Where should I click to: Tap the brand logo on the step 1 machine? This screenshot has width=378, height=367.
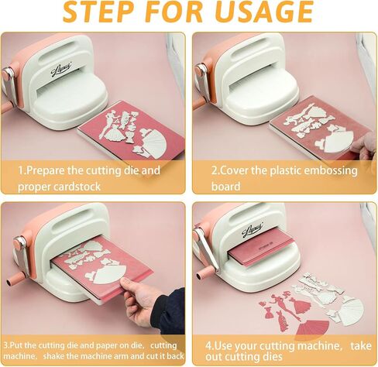click(61, 70)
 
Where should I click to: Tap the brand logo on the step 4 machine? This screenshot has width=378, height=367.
click(252, 228)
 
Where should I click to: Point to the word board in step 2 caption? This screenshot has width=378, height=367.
click(225, 186)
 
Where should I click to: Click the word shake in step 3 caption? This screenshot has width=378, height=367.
click(54, 356)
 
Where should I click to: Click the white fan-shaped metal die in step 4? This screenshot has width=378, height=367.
click(351, 310)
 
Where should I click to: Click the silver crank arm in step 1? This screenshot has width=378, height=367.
click(9, 84)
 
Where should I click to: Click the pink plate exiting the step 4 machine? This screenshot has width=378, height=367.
click(261, 249)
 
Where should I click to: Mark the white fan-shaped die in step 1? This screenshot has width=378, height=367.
click(153, 142)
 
